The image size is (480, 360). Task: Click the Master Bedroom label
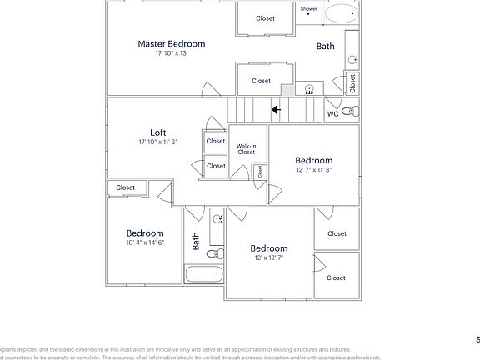point(171,43)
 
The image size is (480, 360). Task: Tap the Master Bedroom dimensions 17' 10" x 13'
point(171,53)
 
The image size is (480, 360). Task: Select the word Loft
point(157,132)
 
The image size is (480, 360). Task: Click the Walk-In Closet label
point(246,149)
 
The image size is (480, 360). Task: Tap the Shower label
point(308,9)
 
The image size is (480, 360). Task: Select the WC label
point(332,113)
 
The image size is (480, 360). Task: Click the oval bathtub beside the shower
point(340,14)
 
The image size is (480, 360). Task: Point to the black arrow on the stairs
point(275,108)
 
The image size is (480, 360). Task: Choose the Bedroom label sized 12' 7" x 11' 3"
point(313,160)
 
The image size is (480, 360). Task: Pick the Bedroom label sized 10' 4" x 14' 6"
point(145,233)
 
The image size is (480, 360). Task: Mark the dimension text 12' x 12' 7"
point(269,258)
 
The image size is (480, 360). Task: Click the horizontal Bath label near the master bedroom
point(325,46)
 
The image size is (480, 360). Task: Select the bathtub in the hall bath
point(203,273)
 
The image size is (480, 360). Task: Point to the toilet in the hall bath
point(213,253)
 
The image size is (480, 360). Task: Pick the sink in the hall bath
point(217,219)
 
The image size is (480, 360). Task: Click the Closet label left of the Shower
point(265,18)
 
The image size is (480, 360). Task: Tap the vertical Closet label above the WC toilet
point(352,82)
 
